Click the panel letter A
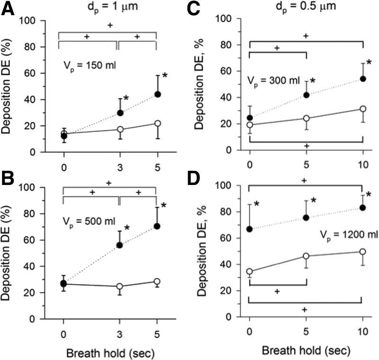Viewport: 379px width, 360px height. (9, 10)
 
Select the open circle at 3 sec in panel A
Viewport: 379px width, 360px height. (120, 129)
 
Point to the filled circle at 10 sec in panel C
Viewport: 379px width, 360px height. (363, 79)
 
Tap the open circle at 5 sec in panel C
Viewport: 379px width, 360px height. (307, 118)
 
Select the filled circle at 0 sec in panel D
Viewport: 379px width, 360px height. (250, 229)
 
